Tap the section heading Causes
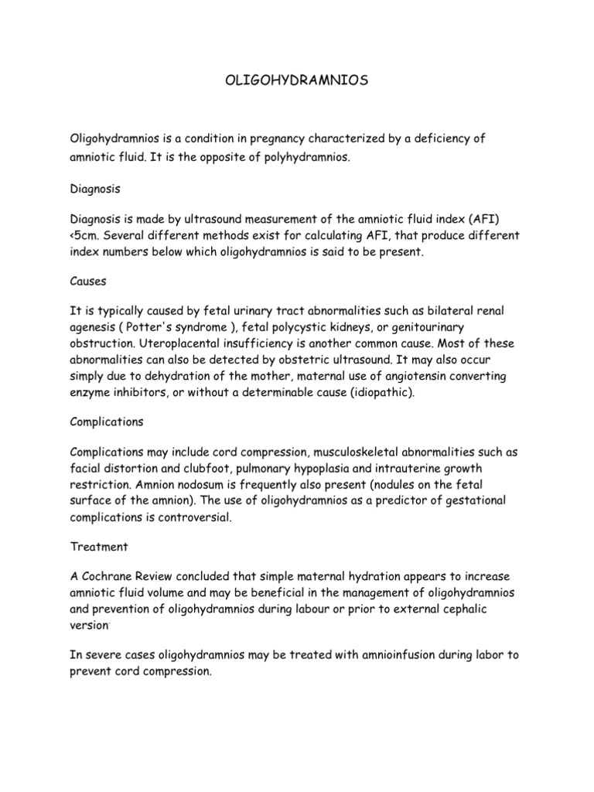pyautogui.click(x=88, y=282)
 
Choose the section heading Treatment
pyautogui.click(x=98, y=546)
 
